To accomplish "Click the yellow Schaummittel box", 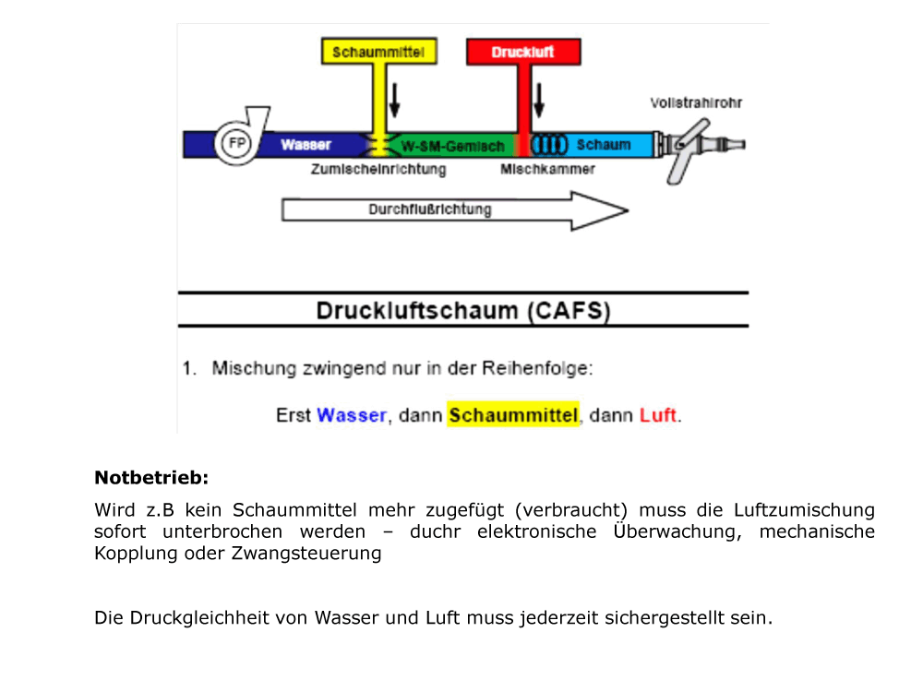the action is point(379,52).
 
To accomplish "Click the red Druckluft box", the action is point(523,52).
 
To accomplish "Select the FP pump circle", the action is point(236,143).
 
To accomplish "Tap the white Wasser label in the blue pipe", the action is point(306,145).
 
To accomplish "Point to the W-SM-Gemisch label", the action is point(452,146).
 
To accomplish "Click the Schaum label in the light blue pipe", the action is point(604,145).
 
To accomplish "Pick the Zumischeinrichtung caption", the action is point(378,170).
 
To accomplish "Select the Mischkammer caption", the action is point(547,170).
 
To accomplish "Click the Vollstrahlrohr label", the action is point(696,103).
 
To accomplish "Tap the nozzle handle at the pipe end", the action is point(687,152).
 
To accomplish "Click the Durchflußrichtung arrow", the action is point(455,210).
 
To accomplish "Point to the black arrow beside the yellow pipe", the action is point(394,100).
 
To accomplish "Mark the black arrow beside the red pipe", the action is point(539,100).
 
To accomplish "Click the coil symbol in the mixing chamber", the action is point(550,145).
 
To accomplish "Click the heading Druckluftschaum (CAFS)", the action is point(463,310).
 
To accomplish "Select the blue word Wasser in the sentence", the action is point(352,415).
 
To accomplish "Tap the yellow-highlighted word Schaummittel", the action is point(512,415).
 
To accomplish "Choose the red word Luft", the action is point(657,415).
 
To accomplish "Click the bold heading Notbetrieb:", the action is point(151,478).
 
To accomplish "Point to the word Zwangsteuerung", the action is point(306,554).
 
